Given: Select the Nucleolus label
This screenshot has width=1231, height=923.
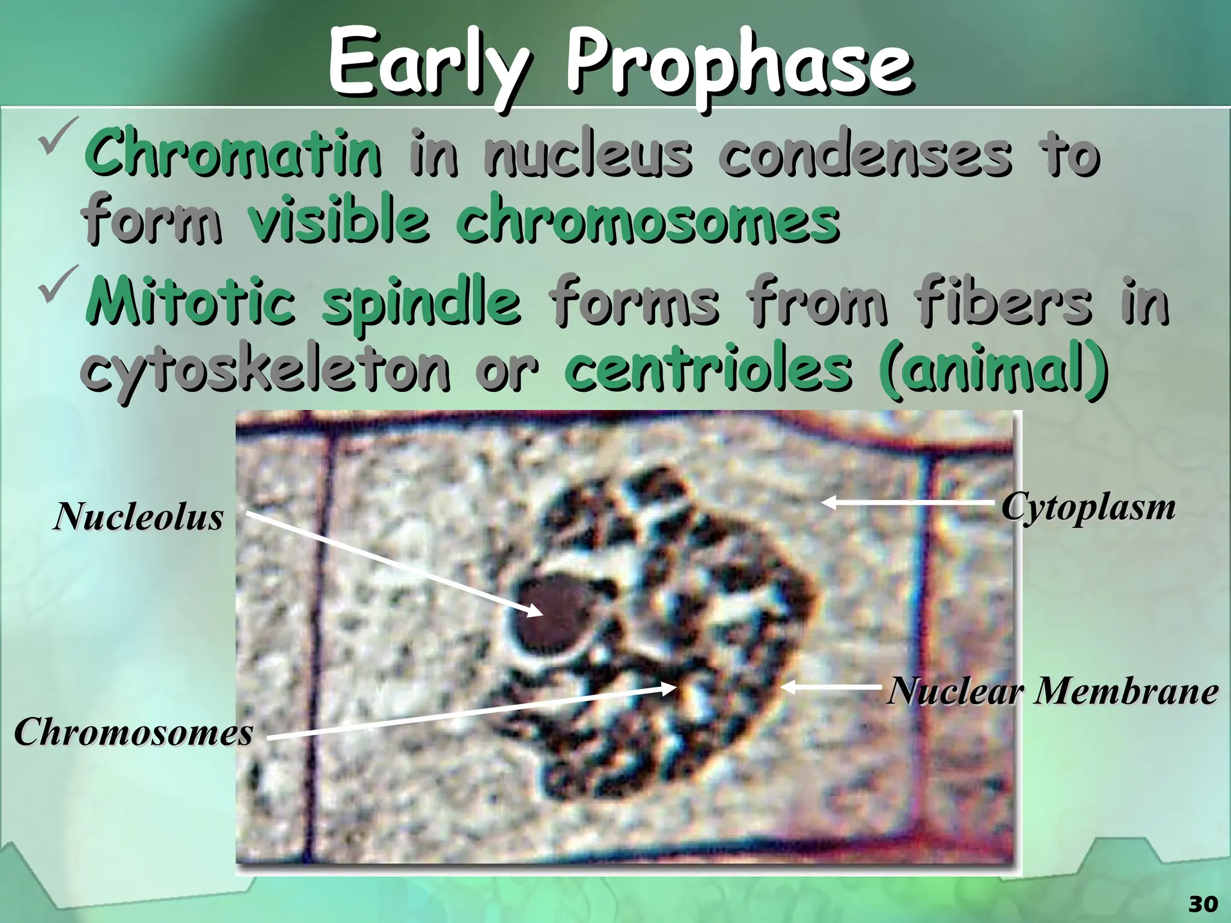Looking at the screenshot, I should click(x=138, y=517).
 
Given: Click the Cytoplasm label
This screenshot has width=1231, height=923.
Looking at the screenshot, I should click(x=1088, y=508).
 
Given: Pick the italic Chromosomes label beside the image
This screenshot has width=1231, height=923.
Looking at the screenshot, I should click(x=133, y=733).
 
